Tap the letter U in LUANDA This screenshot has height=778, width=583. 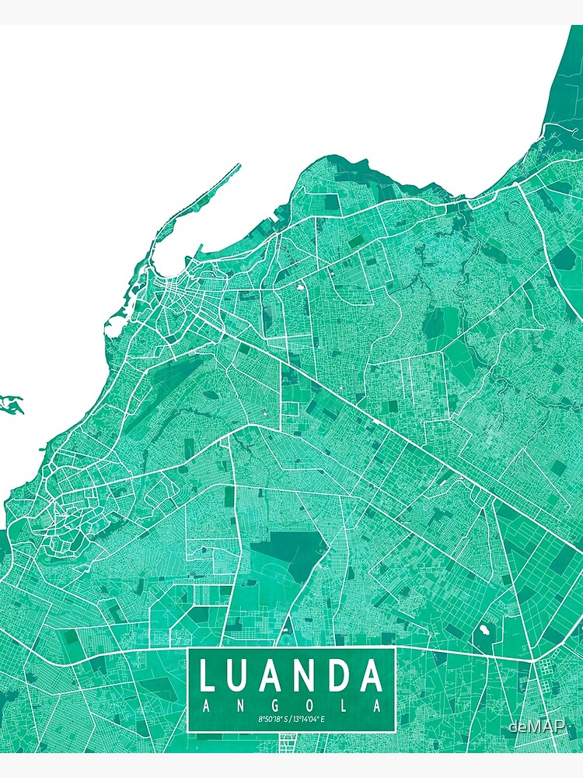click(243, 675)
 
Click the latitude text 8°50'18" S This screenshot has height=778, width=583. click(273, 720)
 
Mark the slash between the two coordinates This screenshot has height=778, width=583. click(291, 720)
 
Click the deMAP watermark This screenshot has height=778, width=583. click(537, 726)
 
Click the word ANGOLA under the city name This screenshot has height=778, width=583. click(291, 706)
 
